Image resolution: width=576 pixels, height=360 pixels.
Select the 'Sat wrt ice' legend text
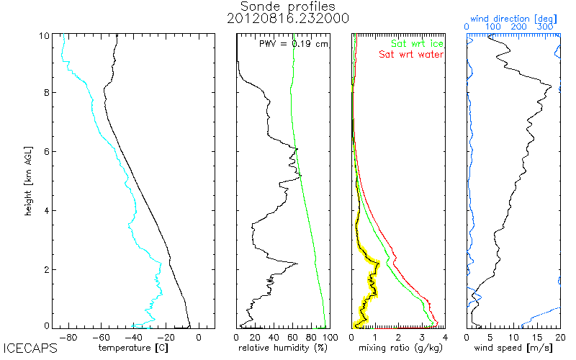click(x=413, y=44)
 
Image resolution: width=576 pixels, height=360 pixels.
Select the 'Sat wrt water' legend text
click(x=411, y=54)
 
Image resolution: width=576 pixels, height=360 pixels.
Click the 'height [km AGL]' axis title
click(x=28, y=180)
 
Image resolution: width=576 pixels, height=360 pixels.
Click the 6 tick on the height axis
click(x=46, y=151)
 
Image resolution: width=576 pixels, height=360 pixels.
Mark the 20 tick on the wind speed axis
click(x=559, y=336)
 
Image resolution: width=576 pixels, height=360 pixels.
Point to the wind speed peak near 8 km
click(x=551, y=87)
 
